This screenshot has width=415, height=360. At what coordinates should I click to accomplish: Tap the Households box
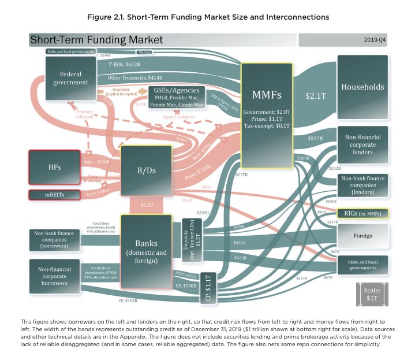[x=362, y=87]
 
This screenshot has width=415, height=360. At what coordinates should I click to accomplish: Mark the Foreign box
[x=362, y=236]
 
